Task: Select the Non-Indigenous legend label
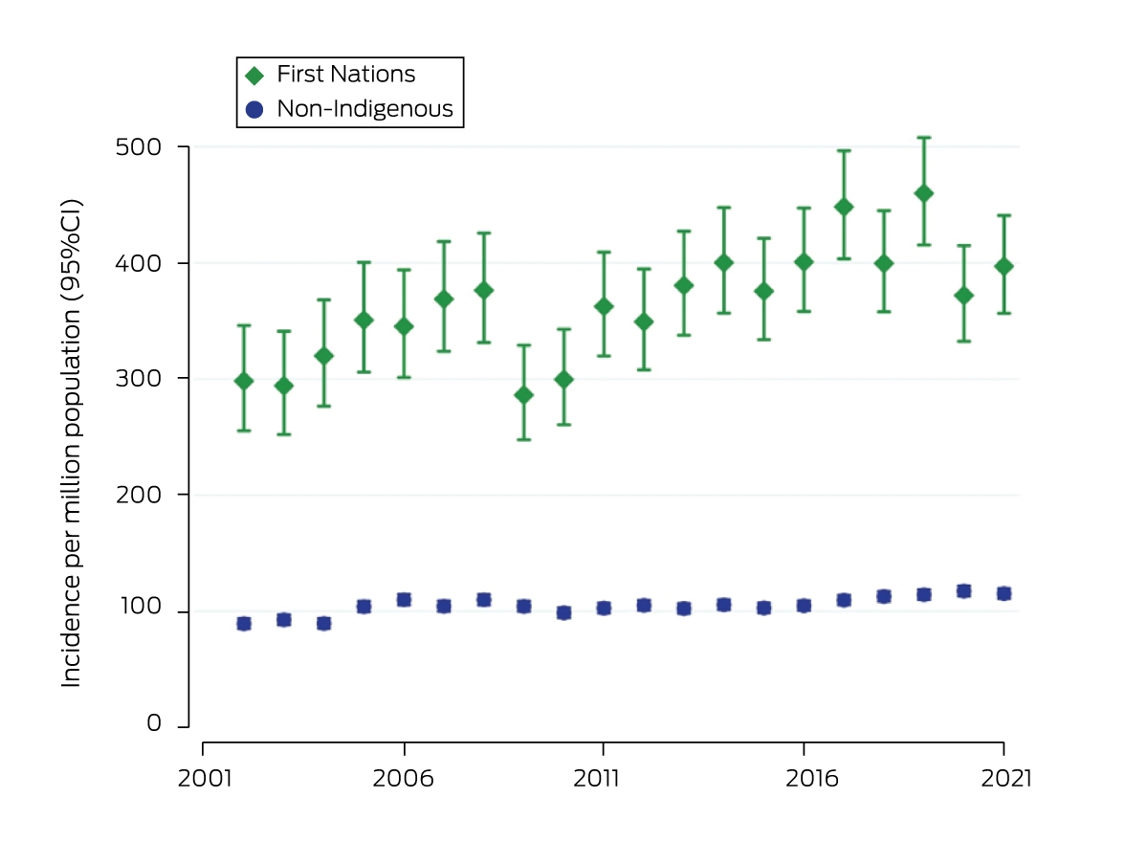point(364,109)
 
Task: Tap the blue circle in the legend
point(254,109)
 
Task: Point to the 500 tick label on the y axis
point(139,147)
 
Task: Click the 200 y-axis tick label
point(139,495)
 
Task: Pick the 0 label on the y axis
point(154,723)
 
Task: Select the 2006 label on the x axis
point(403,779)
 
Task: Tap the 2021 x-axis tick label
point(1006,779)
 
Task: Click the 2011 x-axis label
point(596,779)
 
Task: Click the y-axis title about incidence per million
point(71,443)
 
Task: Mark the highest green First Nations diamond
point(923,193)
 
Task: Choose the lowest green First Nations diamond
point(524,395)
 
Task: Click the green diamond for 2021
point(1004,267)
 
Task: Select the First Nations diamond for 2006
point(404,326)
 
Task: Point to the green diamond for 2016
point(804,262)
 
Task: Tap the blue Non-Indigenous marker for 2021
point(1004,594)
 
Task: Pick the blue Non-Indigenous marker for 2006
point(404,600)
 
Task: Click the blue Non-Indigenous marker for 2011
point(604,609)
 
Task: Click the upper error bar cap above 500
point(923,138)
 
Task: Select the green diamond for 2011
point(604,306)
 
